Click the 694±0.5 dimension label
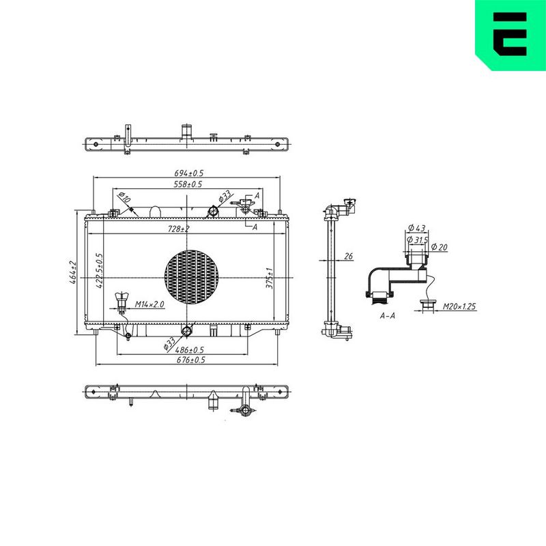pyautogui.click(x=189, y=173)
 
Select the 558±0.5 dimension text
pyautogui.click(x=188, y=184)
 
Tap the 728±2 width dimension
pyautogui.click(x=179, y=229)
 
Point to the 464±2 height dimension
pyautogui.click(x=73, y=272)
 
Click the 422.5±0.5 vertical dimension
pyautogui.click(x=99, y=270)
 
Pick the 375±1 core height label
pyautogui.click(x=270, y=278)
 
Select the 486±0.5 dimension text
pyautogui.click(x=189, y=350)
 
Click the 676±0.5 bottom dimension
pyautogui.click(x=191, y=360)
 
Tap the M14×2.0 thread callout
pyautogui.click(x=149, y=304)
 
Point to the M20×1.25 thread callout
pyautogui.click(x=459, y=306)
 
